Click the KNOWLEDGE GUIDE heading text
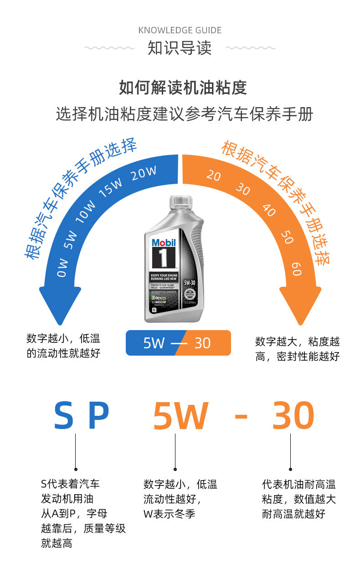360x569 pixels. [x=180, y=31]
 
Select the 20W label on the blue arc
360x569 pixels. [x=144, y=173]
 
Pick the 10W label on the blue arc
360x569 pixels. [x=86, y=212]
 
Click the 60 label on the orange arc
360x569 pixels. [x=296, y=269]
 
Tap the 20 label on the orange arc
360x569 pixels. [x=213, y=176]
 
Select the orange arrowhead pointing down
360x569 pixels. [x=300, y=305]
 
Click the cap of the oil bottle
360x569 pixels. [x=180, y=204]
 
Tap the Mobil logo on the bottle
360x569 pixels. [x=163, y=243]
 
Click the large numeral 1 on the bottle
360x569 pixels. [x=163, y=259]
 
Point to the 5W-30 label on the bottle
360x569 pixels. [x=190, y=283]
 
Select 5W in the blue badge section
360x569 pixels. [x=154, y=343]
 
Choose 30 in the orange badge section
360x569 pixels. [x=202, y=343]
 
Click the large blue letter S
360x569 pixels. [x=64, y=416]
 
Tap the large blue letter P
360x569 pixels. [x=98, y=416]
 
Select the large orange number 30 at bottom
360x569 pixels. [x=293, y=416]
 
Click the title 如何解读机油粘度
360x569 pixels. [x=183, y=87]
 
